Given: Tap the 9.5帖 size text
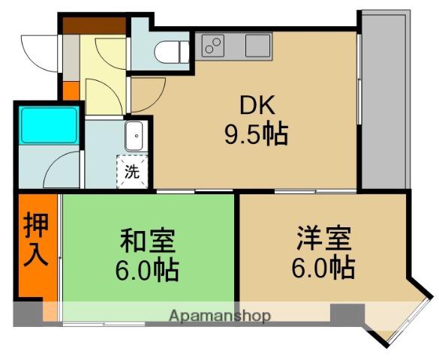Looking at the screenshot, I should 255,135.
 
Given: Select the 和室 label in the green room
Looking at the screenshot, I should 148,241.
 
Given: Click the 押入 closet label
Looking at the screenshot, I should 36,240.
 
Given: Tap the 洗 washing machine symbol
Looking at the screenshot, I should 131,171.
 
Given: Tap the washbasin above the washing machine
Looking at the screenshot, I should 135,136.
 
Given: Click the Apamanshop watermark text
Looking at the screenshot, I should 219,316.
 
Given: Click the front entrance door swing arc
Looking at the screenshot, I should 38,52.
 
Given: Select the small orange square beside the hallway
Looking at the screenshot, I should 71,91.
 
